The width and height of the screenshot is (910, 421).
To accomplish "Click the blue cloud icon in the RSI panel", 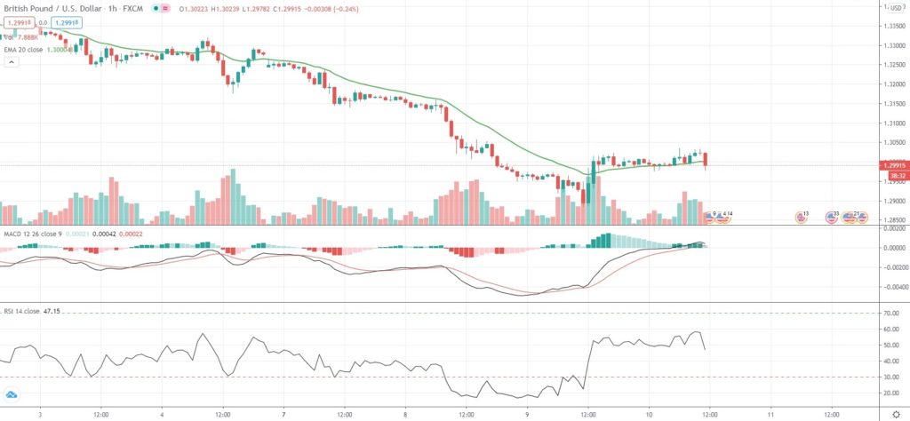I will (12, 394).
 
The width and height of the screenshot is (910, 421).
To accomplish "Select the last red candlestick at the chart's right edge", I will (706, 161).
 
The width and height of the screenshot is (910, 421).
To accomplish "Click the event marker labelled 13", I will (802, 216).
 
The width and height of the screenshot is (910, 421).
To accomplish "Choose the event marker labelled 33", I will (833, 216).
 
